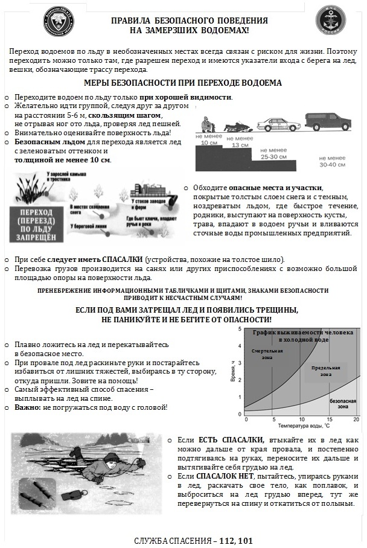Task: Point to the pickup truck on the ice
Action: (328, 121)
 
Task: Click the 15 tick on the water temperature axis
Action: (329, 419)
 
